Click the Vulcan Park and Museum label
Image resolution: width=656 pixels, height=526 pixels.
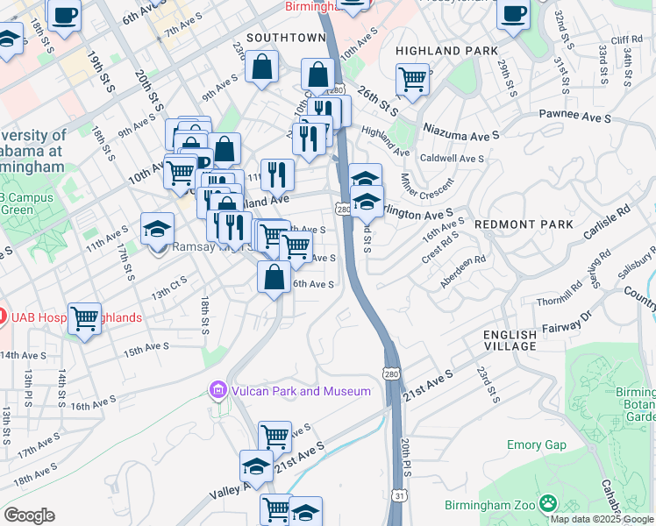[299, 391]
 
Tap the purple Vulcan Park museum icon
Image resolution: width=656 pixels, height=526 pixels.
[217, 389]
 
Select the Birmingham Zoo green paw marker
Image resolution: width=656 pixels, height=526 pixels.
[548, 503]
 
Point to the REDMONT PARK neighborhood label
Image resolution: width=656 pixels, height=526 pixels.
[524, 225]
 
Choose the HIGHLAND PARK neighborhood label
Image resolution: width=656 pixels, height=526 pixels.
[446, 52]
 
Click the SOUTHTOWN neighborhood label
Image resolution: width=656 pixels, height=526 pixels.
[286, 39]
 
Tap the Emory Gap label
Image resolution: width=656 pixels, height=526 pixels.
[536, 445]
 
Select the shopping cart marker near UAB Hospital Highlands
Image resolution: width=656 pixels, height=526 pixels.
[85, 320]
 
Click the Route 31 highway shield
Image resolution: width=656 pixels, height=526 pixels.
[399, 496]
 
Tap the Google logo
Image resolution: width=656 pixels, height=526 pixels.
[29, 515]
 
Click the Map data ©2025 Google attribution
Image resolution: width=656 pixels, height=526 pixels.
[602, 519]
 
